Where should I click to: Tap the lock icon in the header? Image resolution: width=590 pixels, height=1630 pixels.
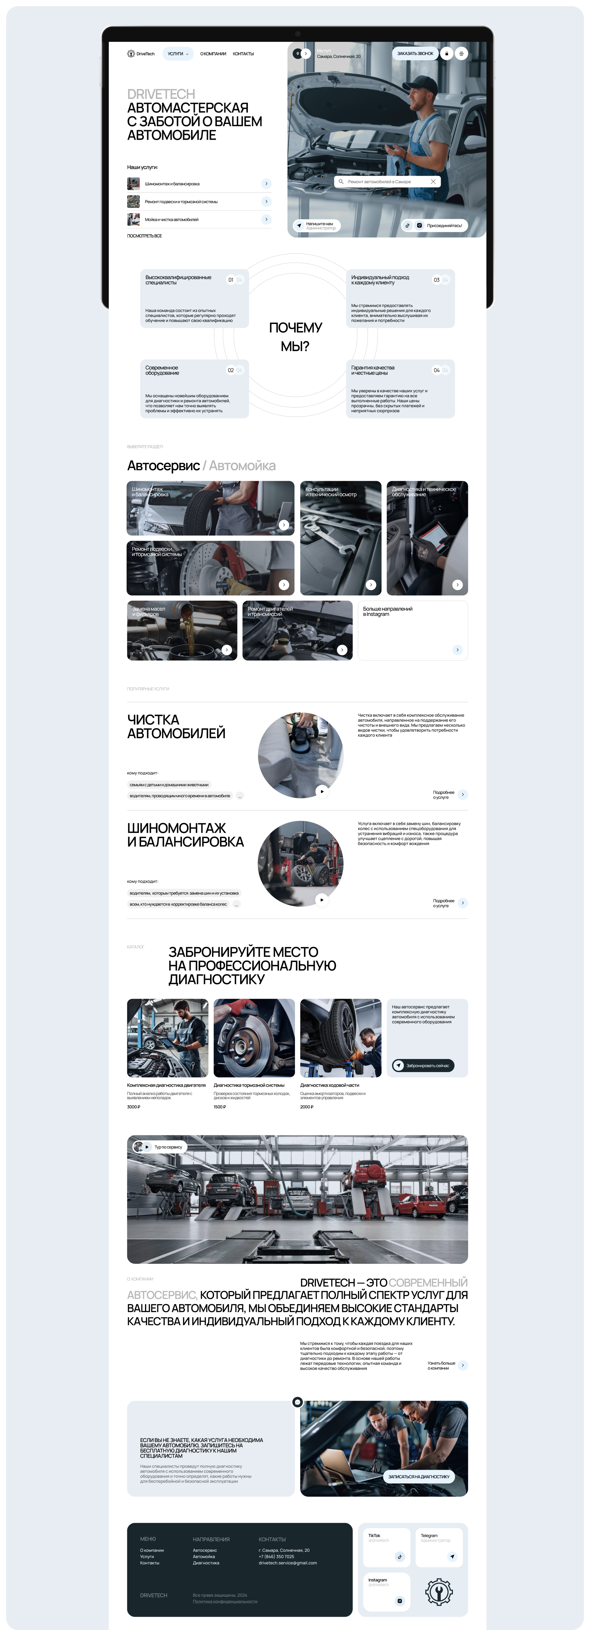[446, 54]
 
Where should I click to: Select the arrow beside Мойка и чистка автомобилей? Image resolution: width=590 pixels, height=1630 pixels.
[266, 220]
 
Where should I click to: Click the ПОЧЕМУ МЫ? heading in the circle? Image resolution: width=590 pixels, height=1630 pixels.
[295, 337]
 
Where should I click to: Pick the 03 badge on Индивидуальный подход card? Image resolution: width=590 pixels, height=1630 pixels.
[436, 280]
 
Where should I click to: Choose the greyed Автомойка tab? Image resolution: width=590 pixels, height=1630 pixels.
[242, 466]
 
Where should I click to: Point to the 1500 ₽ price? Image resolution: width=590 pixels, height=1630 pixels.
[219, 1107]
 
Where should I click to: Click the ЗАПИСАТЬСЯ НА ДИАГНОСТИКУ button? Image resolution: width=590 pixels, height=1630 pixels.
[419, 1476]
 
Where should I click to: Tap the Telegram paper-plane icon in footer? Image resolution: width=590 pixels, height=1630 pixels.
[452, 1557]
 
